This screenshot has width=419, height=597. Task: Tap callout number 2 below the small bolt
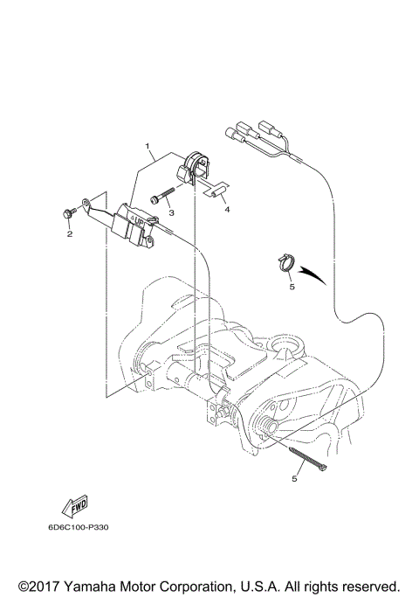tap(70, 233)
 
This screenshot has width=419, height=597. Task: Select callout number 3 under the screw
tap(172, 212)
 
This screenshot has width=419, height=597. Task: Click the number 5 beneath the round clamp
tap(292, 285)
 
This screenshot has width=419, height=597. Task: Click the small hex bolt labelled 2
tap(67, 213)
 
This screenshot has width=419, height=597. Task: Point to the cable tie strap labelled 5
tap(306, 458)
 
